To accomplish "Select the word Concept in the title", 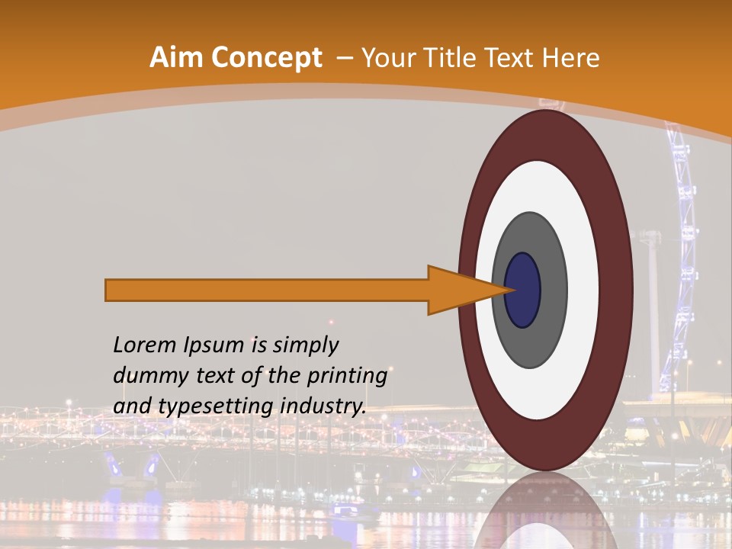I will (268, 58).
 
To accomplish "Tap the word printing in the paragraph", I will (347, 376).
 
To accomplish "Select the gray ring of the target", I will (549, 320).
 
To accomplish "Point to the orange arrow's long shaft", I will (267, 290).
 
